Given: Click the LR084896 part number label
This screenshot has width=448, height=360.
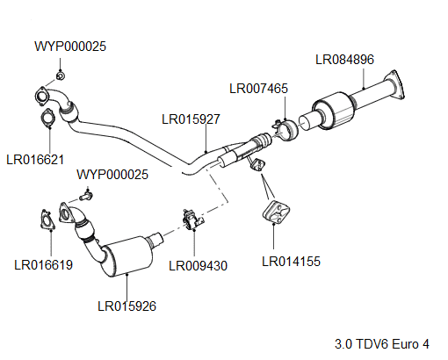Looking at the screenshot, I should (344, 60).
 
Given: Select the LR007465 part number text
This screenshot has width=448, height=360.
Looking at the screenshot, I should (258, 88).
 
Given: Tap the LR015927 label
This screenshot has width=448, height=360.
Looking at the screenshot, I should (191, 118).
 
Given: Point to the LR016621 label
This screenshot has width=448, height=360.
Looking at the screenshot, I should (35, 160).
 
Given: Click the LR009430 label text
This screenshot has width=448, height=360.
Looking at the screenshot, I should (198, 264).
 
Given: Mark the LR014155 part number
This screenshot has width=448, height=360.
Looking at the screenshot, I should (291, 260).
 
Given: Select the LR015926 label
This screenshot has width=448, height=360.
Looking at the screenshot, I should (126, 306).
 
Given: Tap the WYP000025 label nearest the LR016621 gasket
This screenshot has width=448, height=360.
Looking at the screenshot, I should (70, 46).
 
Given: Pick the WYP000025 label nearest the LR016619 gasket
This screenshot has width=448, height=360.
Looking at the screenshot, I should (112, 174).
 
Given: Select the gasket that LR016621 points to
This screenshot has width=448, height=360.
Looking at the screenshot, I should (47, 119).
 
